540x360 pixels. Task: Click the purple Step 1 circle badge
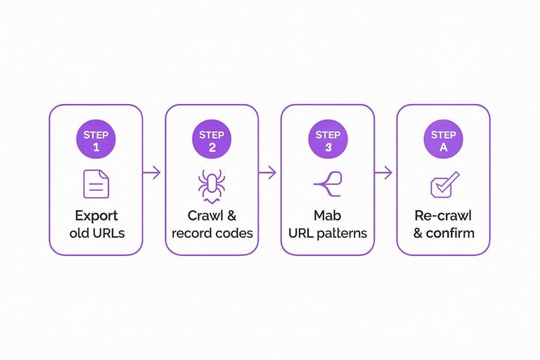pos(96,139)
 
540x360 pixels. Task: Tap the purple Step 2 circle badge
pos(212,139)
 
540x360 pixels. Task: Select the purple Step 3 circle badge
pos(328,139)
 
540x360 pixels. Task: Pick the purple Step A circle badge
pos(443,139)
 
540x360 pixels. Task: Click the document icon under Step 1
pos(96,184)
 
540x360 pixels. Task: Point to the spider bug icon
pos(212,185)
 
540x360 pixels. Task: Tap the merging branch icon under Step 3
pos(328,183)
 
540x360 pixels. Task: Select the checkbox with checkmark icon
pos(444,184)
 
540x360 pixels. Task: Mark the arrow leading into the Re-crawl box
pos(385,172)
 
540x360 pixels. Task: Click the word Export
pos(96,216)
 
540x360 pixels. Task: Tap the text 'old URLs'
pos(96,233)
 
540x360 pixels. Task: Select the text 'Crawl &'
pos(212,216)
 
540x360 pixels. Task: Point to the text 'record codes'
pos(212,233)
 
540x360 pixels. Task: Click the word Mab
pos(328,216)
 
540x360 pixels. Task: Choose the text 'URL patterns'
pos(328,233)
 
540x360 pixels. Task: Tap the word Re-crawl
pos(443,216)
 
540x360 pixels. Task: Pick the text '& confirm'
pos(443,233)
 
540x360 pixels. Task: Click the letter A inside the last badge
pos(443,147)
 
